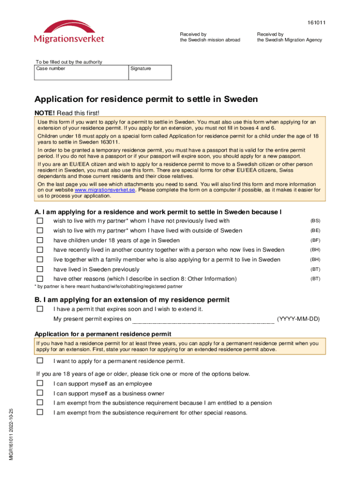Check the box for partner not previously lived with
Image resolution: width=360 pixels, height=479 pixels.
click(x=40, y=220)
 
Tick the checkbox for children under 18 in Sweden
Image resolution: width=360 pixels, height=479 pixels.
click(x=40, y=240)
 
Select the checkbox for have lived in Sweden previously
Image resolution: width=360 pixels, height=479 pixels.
click(x=40, y=269)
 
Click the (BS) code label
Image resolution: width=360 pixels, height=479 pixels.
click(x=315, y=220)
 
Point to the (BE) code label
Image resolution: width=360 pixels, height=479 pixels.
click(x=315, y=230)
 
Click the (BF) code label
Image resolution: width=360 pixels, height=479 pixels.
click(x=315, y=240)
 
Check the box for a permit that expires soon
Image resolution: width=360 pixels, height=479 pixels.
click(x=40, y=309)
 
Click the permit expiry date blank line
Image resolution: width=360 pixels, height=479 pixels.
click(x=203, y=319)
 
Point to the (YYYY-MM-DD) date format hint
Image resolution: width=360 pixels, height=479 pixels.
click(x=298, y=319)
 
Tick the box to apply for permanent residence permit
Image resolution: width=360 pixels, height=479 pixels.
click(x=40, y=361)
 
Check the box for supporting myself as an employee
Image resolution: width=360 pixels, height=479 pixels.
click(x=40, y=384)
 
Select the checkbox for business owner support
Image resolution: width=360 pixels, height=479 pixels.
click(x=40, y=393)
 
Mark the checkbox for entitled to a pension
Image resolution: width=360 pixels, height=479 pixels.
click(x=40, y=403)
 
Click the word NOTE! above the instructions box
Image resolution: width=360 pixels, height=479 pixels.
click(x=45, y=113)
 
